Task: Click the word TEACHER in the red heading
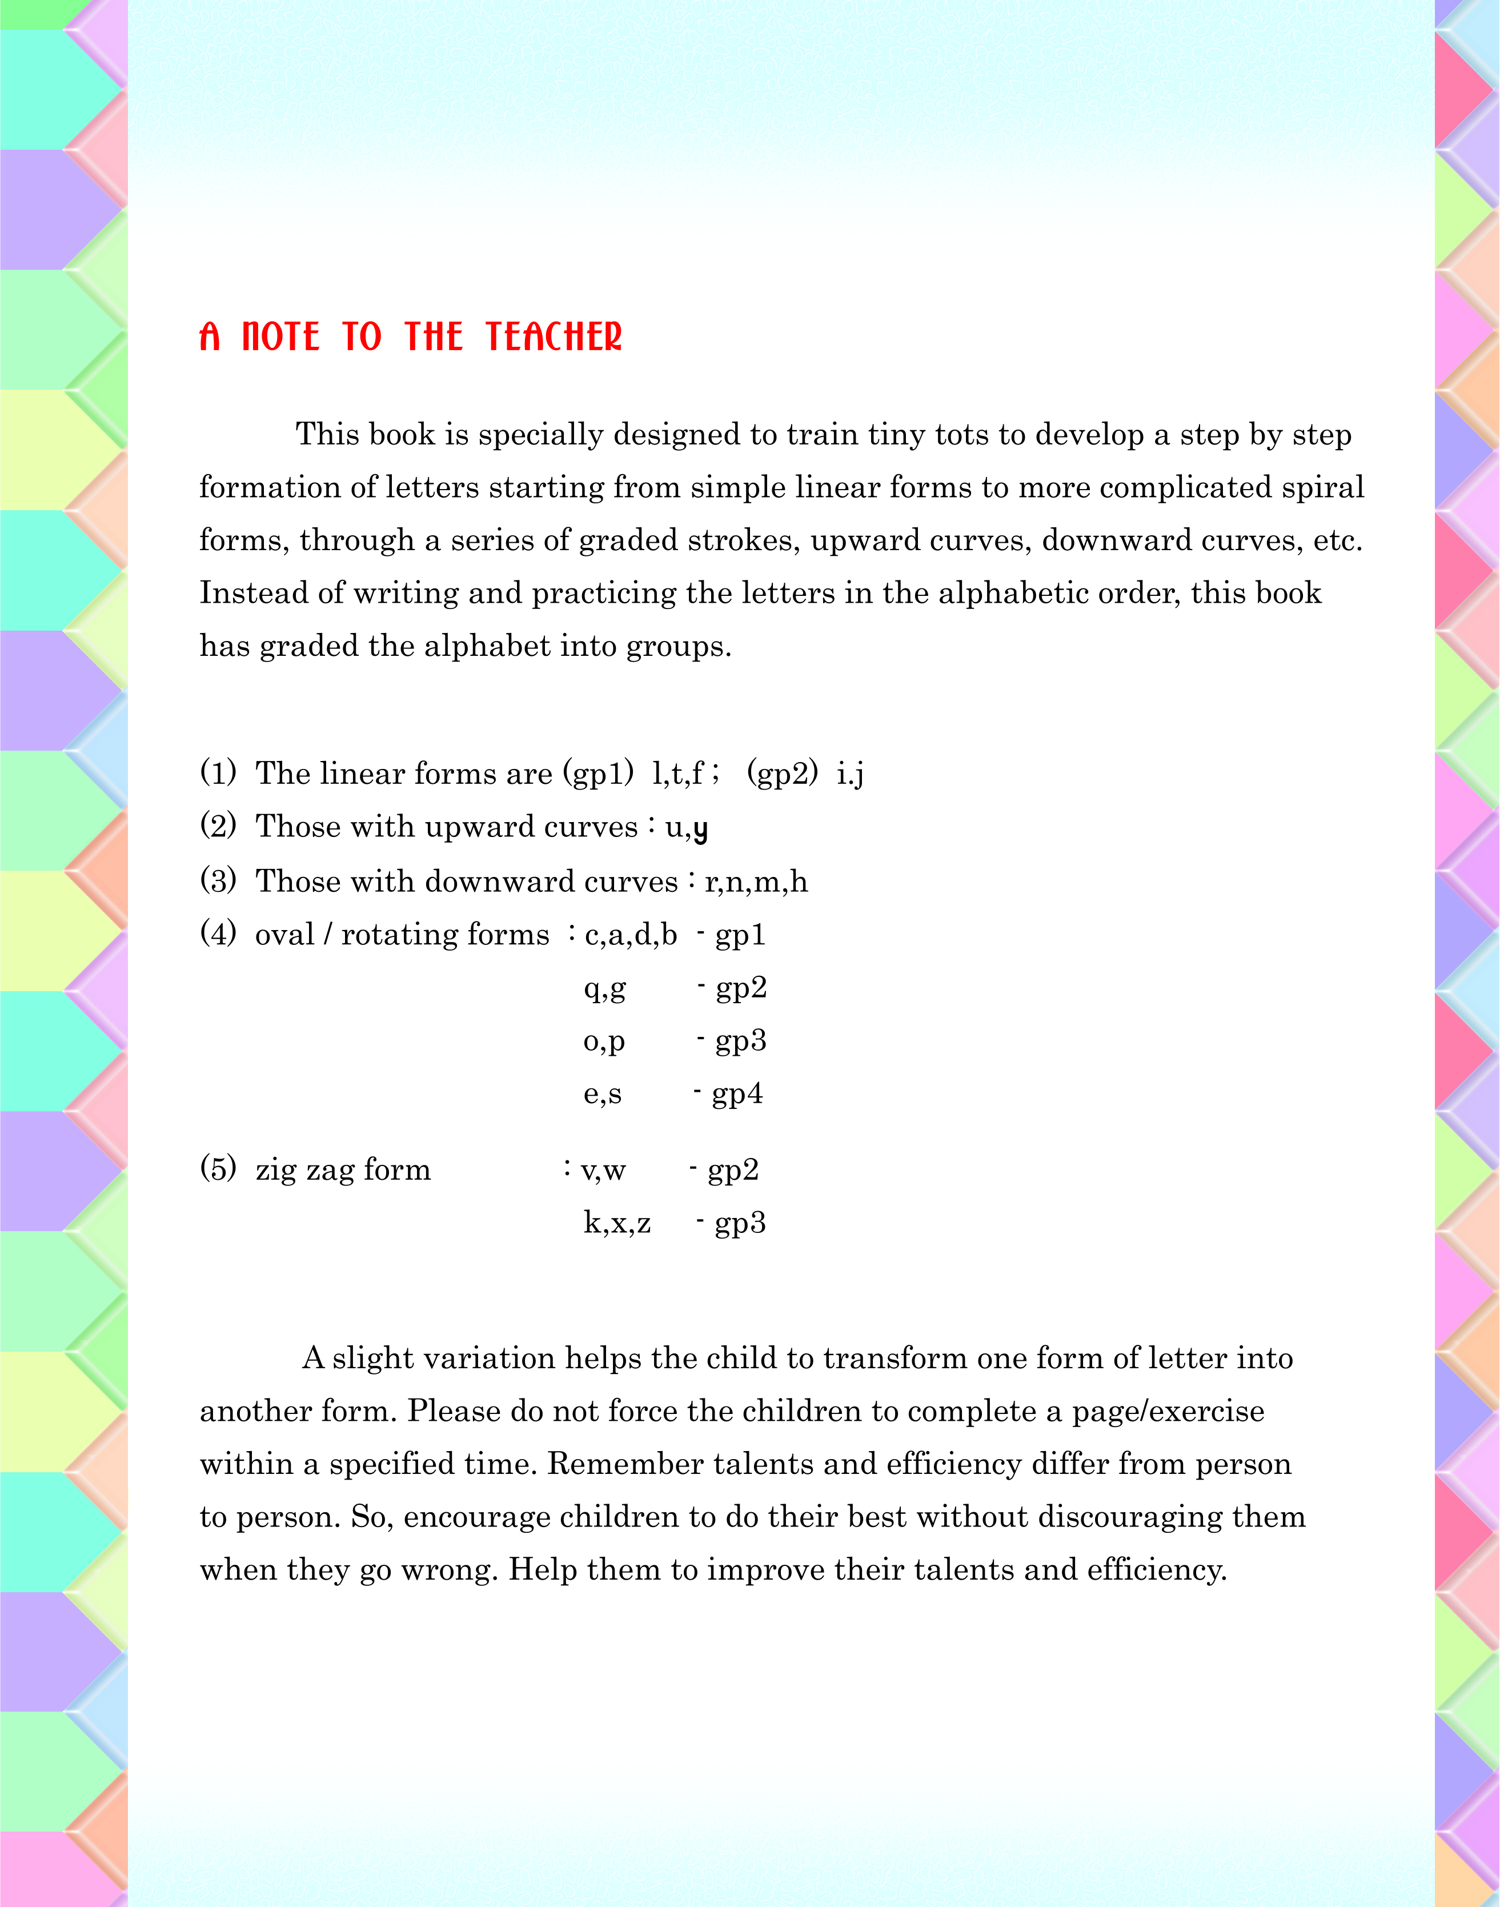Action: pos(554,336)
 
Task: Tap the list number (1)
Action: pos(218,772)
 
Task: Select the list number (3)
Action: pos(218,880)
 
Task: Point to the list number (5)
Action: pos(218,1168)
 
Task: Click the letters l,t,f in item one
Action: pos(678,773)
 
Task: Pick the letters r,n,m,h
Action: pos(755,881)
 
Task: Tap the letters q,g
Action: pos(605,989)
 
